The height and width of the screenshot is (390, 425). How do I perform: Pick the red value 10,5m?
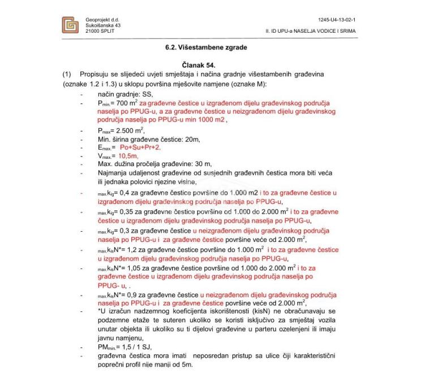point(128,155)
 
